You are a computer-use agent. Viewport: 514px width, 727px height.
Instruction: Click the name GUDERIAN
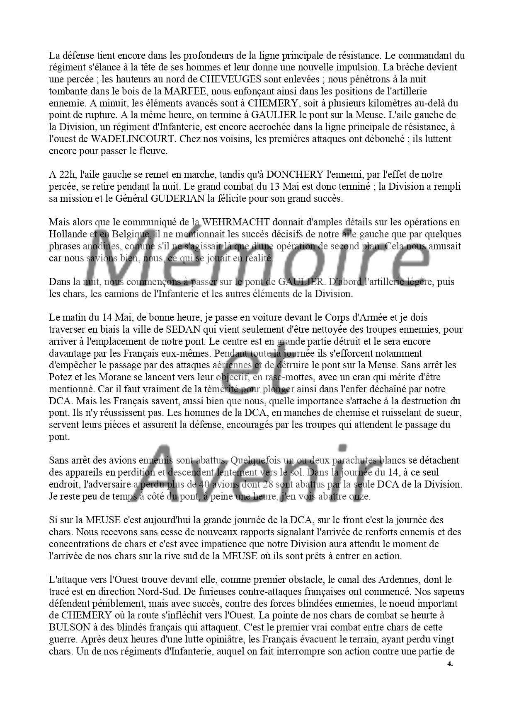[x=178, y=198]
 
